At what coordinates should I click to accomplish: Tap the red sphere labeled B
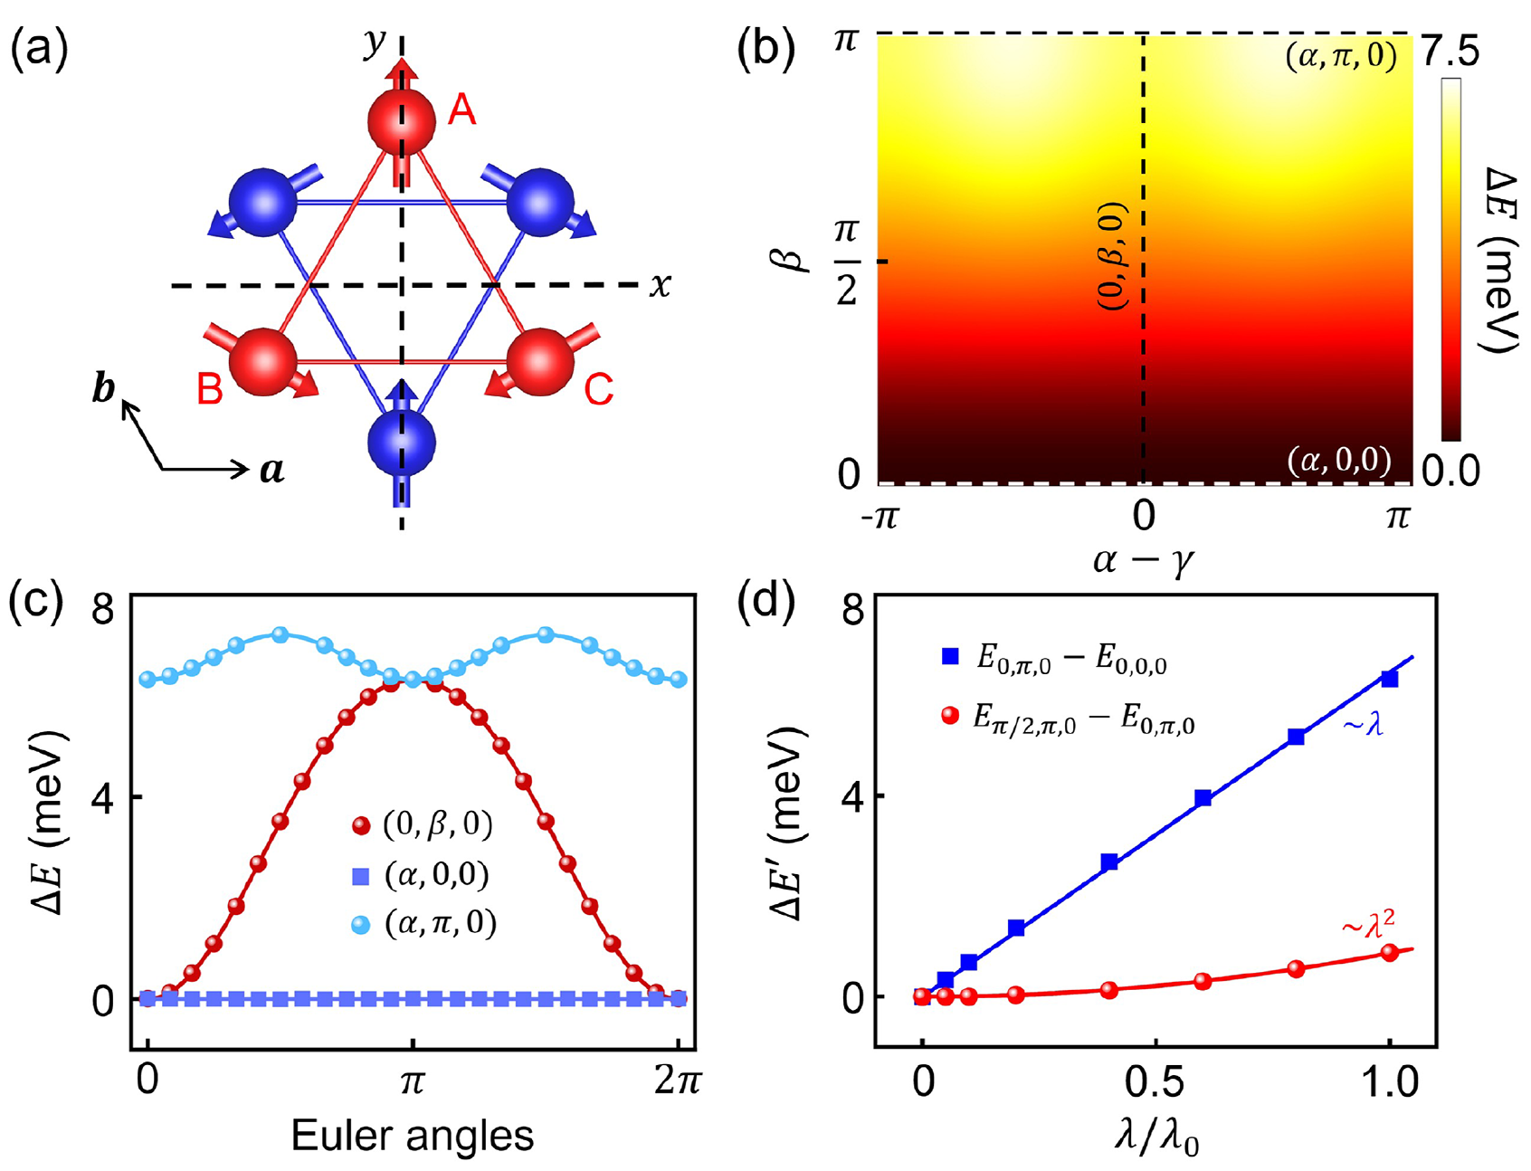click(x=263, y=361)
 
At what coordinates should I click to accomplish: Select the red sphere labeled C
click(x=540, y=361)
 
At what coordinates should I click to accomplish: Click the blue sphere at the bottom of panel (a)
click(x=402, y=443)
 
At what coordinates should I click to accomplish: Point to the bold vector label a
click(x=272, y=470)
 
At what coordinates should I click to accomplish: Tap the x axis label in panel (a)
click(x=661, y=285)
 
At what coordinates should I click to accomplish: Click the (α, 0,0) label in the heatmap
click(x=1338, y=461)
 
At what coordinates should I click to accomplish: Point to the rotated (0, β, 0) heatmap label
click(x=1113, y=258)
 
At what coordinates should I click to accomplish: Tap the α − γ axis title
click(x=1144, y=561)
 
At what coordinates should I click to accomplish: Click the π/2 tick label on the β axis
click(x=847, y=262)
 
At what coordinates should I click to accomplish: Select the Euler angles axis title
click(x=413, y=1135)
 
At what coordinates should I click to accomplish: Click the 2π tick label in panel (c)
click(x=677, y=1082)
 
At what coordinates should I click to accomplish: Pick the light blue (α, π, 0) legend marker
click(x=361, y=925)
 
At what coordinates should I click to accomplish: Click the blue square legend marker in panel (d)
click(x=949, y=656)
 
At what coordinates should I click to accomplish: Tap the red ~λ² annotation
click(x=1367, y=926)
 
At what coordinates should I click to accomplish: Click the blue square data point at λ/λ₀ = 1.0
click(x=1389, y=679)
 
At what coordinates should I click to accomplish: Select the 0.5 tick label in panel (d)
click(x=1155, y=1082)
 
